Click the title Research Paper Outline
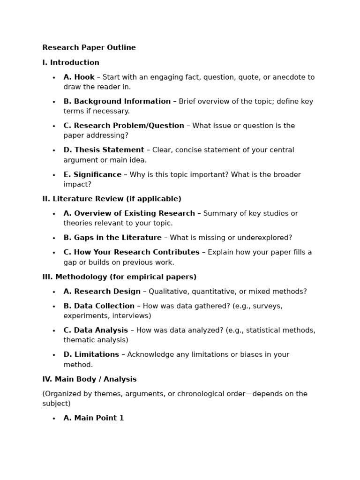[x=89, y=48]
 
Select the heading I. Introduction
[x=71, y=63]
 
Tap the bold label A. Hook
[x=79, y=77]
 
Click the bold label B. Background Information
[x=117, y=102]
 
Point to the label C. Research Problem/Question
[x=124, y=126]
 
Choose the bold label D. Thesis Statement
[x=104, y=150]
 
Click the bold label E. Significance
[x=92, y=175]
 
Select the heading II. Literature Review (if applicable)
[x=112, y=199]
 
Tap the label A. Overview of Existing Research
[x=129, y=214]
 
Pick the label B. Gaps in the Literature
[x=112, y=238]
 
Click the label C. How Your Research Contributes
[x=131, y=253]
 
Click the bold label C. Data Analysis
[x=96, y=330]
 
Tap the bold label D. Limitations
[x=91, y=355]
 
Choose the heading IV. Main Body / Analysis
[x=90, y=380]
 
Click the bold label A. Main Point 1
[x=94, y=418]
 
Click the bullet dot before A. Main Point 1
[x=54, y=419]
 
